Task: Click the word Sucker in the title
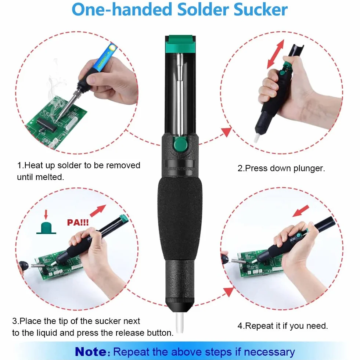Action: point(260,10)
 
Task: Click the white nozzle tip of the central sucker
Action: point(180,323)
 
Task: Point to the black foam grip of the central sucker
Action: point(180,219)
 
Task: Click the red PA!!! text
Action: point(78,222)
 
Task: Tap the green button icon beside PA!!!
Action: point(46,228)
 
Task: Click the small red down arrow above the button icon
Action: point(46,215)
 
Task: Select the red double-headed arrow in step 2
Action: point(276,54)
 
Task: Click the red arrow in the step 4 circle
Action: point(301,211)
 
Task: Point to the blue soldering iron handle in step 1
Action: point(106,57)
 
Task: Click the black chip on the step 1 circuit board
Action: point(47,125)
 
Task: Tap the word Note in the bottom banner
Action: point(91,352)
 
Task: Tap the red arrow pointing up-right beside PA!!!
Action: point(98,211)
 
